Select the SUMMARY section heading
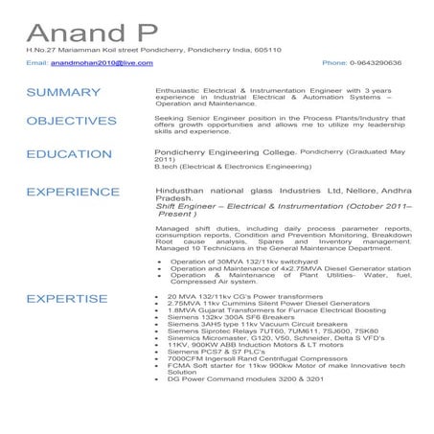64,92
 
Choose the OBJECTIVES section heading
72,122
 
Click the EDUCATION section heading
70,153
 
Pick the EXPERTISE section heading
67,299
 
